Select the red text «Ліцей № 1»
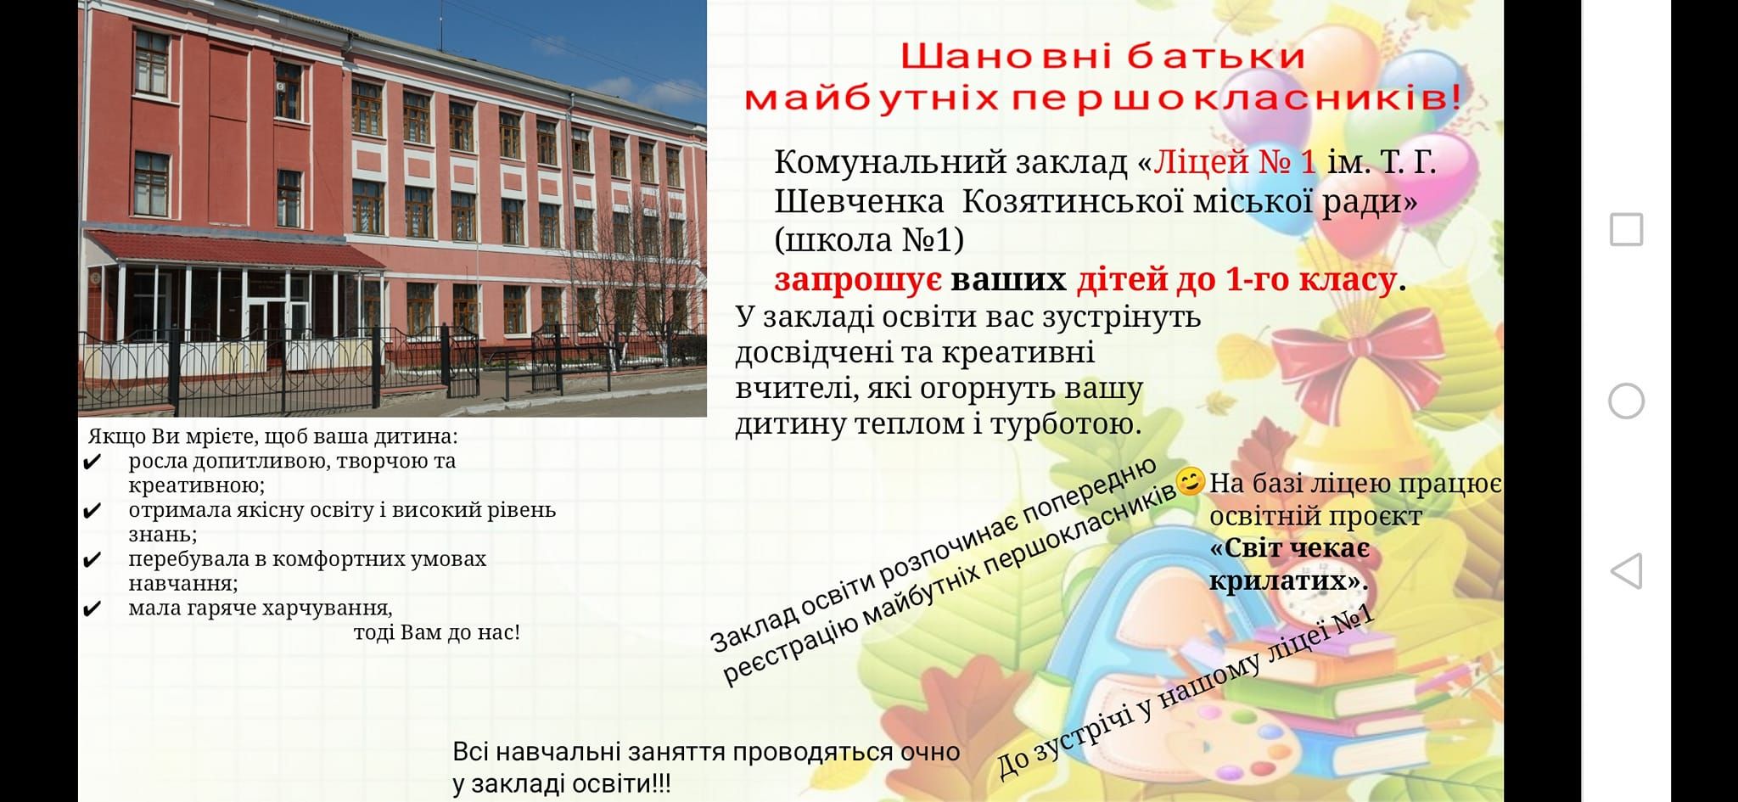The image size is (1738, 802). pos(1235,160)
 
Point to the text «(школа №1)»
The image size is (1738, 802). pos(869,240)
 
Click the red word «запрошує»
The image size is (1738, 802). pos(857,279)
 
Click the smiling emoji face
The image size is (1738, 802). pos(1191,481)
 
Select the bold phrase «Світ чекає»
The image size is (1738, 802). pos(1289,548)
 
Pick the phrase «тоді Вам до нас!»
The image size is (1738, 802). pos(436,633)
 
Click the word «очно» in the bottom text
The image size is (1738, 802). pos(930,752)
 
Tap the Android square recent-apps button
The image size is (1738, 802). pos(1626,229)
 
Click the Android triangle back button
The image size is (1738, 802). pos(1626,571)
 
